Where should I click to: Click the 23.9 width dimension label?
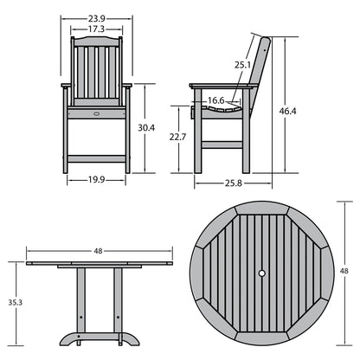pos(96,18)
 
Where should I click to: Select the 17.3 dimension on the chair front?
pos(96,29)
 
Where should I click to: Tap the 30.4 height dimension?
pos(146,128)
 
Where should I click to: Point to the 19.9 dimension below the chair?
pos(96,181)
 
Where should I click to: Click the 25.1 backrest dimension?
pos(242,64)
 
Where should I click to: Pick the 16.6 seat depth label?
pos(216,101)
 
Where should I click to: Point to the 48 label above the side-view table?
pos(98,251)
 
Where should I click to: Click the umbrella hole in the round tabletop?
pos(262,274)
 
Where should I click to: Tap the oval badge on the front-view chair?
pos(95,112)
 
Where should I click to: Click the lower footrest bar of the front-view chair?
pos(96,158)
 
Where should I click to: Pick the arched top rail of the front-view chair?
pos(96,42)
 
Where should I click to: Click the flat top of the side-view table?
pos(98,263)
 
